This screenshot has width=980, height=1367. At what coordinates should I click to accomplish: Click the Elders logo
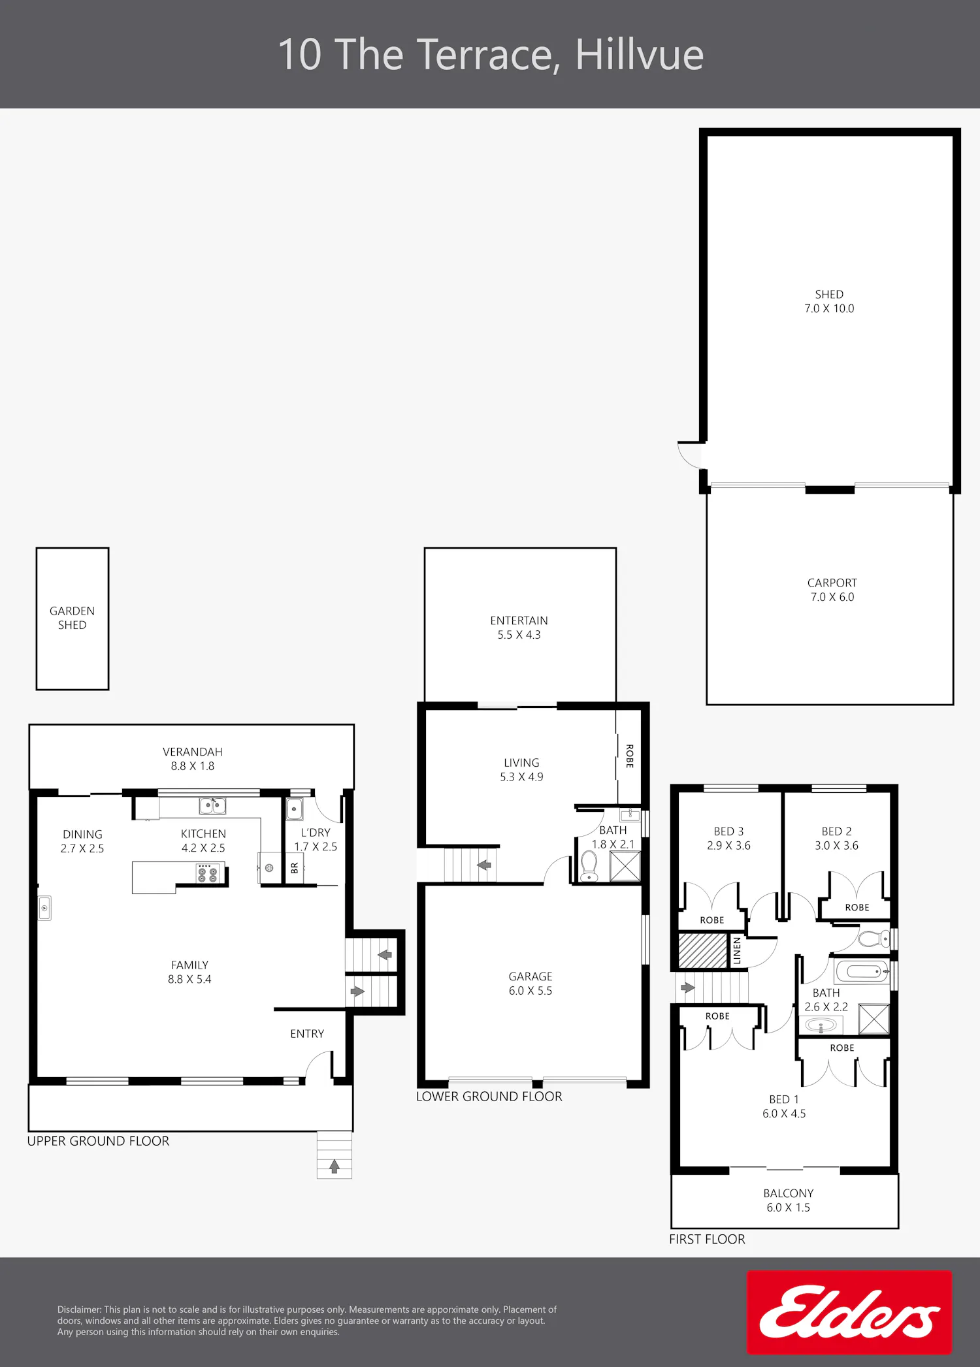pyautogui.click(x=849, y=1312)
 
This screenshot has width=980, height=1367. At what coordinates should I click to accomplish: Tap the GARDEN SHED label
pyautogui.click(x=72, y=618)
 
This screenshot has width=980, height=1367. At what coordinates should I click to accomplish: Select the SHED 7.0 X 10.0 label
pyautogui.click(x=829, y=301)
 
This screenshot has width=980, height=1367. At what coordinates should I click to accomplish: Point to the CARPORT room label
pyautogui.click(x=832, y=590)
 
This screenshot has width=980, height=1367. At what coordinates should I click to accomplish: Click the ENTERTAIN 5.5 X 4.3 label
pyautogui.click(x=519, y=628)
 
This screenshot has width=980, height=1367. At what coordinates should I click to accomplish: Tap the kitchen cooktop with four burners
pyautogui.click(x=208, y=873)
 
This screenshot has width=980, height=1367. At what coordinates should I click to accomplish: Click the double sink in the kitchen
pyautogui.click(x=212, y=806)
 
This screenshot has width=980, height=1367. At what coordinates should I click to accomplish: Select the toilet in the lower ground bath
pyautogui.click(x=589, y=866)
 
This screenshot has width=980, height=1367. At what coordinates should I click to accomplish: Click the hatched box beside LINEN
pyautogui.click(x=703, y=950)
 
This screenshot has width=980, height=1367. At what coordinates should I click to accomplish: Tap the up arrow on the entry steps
pyautogui.click(x=335, y=1166)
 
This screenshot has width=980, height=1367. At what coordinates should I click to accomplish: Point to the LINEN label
pyautogui.click(x=737, y=951)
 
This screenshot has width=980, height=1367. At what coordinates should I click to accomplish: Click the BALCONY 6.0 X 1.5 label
pyautogui.click(x=789, y=1200)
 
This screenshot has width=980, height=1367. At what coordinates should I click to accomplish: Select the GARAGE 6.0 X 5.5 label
pyautogui.click(x=531, y=984)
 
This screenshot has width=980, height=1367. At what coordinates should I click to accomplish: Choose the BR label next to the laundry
pyautogui.click(x=295, y=868)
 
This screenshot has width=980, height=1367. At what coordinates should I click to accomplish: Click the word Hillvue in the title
pyautogui.click(x=640, y=54)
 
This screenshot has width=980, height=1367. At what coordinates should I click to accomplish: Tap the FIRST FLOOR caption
pyautogui.click(x=707, y=1239)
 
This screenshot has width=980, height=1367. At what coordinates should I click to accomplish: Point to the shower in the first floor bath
pyautogui.click(x=874, y=1019)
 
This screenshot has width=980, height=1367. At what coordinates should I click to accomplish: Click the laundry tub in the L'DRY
pyautogui.click(x=295, y=809)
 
